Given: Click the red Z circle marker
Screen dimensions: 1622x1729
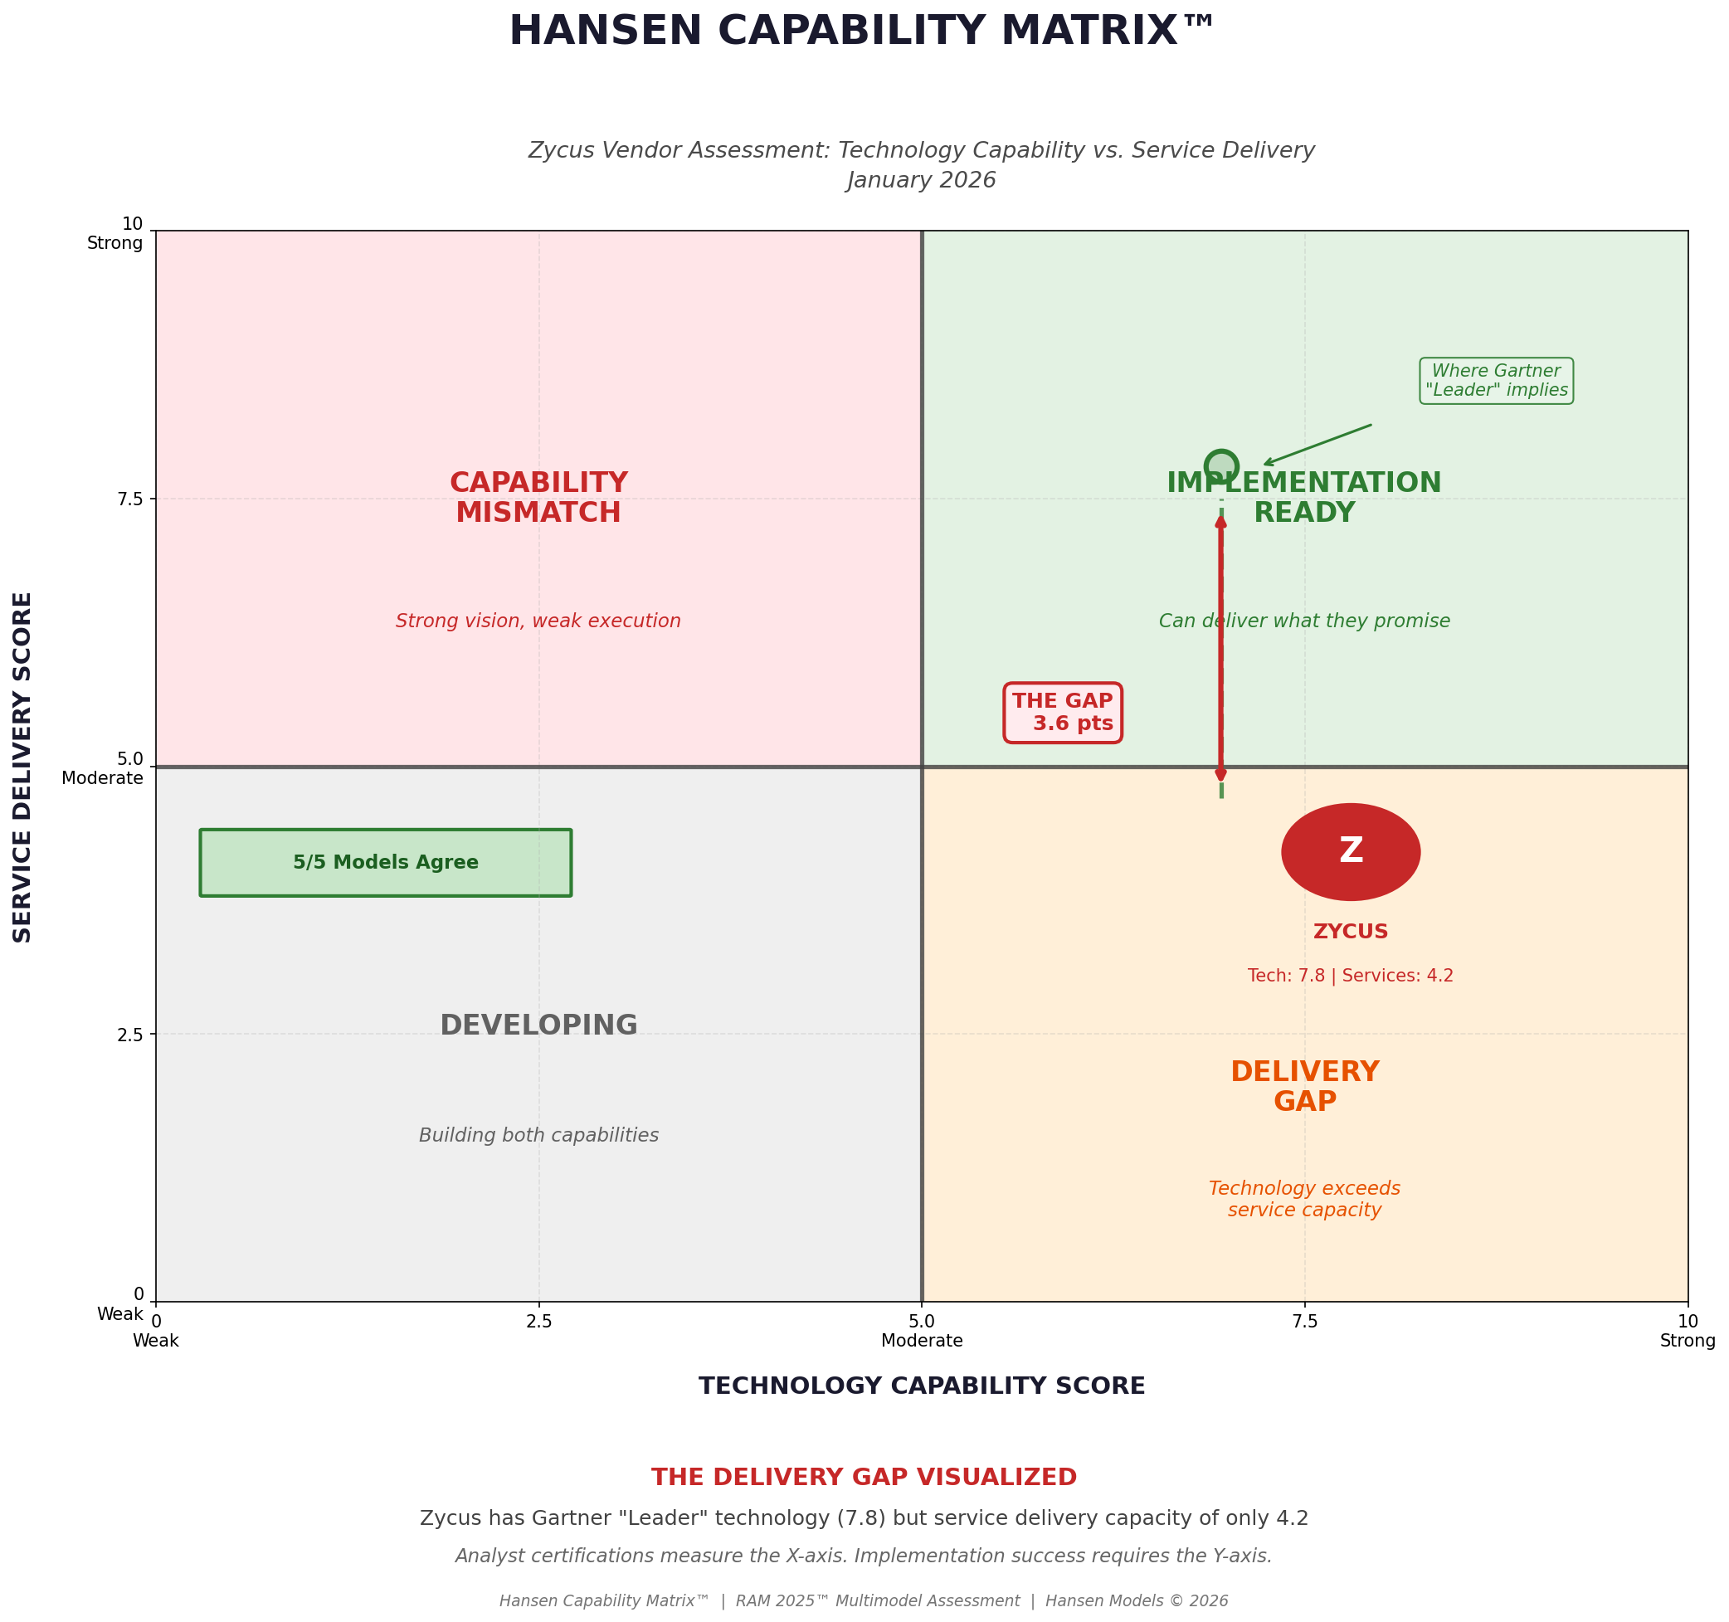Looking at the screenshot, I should (1350, 851).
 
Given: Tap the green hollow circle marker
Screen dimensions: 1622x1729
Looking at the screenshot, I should (1220, 466).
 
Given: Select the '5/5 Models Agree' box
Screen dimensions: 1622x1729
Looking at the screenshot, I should (385, 863).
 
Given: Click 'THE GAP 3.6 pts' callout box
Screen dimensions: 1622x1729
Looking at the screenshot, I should (1062, 713).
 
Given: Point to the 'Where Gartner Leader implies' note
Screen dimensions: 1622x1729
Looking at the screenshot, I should (1495, 381).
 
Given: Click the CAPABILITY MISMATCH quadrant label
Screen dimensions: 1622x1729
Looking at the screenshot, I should (538, 498).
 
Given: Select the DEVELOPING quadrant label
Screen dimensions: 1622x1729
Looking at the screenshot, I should (538, 1025).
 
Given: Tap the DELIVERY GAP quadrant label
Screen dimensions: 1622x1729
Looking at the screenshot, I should (1303, 1086).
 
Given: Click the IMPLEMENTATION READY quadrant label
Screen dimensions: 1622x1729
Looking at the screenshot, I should (1303, 498).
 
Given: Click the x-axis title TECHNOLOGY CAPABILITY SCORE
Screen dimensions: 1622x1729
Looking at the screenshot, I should (921, 1386).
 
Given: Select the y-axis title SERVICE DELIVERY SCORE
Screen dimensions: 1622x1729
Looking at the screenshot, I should (23, 767).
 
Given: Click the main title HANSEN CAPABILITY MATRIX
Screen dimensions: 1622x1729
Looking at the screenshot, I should (861, 32).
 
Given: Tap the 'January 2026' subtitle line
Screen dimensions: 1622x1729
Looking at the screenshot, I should (921, 180).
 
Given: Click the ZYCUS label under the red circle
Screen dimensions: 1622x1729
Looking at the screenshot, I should (1350, 932).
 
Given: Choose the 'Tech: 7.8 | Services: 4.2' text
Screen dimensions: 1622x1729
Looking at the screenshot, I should (1350, 976).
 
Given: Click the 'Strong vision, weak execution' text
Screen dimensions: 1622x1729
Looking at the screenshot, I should (538, 621).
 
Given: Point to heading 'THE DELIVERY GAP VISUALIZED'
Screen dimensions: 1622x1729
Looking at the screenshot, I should (864, 1478).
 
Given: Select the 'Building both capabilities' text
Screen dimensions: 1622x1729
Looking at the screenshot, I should (538, 1135).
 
